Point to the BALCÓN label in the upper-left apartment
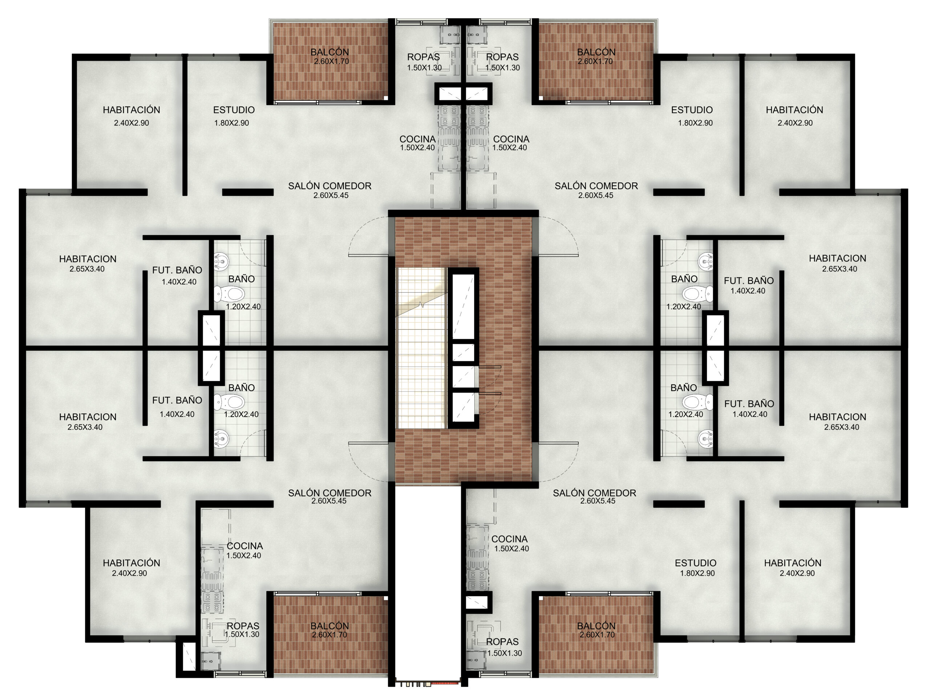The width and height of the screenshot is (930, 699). pyautogui.click(x=329, y=52)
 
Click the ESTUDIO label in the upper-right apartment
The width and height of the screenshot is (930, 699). pyautogui.click(x=692, y=110)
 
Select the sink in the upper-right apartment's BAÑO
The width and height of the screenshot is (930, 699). pyautogui.click(x=706, y=262)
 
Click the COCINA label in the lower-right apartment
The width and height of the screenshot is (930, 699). pyautogui.click(x=509, y=539)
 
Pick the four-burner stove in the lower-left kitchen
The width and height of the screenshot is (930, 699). pyautogui.click(x=211, y=602)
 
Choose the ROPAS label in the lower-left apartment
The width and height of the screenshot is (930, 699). pyautogui.click(x=243, y=626)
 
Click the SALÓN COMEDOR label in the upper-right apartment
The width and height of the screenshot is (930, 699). pyautogui.click(x=596, y=186)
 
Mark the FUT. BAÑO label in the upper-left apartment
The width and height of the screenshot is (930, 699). pyautogui.click(x=177, y=270)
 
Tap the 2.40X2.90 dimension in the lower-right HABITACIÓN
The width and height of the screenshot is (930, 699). pyautogui.click(x=797, y=573)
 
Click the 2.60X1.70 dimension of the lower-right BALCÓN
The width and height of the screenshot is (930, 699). pyautogui.click(x=597, y=635)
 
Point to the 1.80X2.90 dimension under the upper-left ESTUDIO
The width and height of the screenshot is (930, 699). pyautogui.click(x=231, y=123)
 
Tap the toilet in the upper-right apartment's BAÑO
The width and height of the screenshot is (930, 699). pyautogui.click(x=697, y=294)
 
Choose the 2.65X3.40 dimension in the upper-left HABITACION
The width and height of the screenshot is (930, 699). pyautogui.click(x=87, y=269)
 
